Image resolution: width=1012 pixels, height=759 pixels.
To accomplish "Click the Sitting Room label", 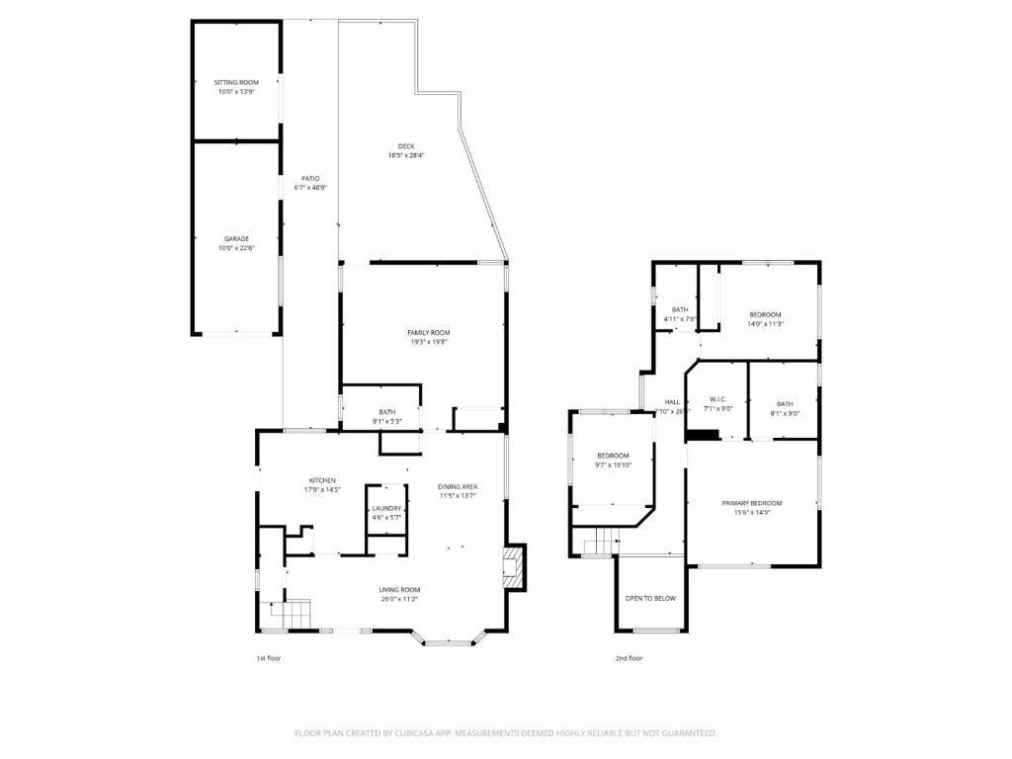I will click(x=235, y=82).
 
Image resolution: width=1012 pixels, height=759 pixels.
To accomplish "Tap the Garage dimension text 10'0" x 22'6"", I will click(x=235, y=248).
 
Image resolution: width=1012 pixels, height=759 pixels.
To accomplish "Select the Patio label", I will click(x=310, y=179).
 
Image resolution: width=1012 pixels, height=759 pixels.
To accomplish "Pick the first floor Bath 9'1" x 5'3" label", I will click(x=386, y=412).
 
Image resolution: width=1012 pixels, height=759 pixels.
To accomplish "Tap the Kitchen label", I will click(x=321, y=480).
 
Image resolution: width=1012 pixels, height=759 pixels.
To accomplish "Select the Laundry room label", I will click(x=386, y=508).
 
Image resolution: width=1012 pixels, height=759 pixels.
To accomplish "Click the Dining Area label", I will click(x=458, y=486).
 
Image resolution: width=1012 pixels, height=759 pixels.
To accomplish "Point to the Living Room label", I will click(x=399, y=590).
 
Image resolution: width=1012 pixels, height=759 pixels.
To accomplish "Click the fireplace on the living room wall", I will click(x=513, y=567).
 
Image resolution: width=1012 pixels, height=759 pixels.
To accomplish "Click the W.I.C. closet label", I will click(x=717, y=400).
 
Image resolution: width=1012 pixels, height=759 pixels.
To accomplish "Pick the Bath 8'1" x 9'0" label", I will click(x=784, y=403).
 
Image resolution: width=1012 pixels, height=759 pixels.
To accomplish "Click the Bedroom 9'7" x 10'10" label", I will click(x=613, y=456).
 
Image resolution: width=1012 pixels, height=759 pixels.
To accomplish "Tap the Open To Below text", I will click(x=650, y=598).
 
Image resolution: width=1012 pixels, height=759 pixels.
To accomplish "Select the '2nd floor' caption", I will click(x=629, y=657).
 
